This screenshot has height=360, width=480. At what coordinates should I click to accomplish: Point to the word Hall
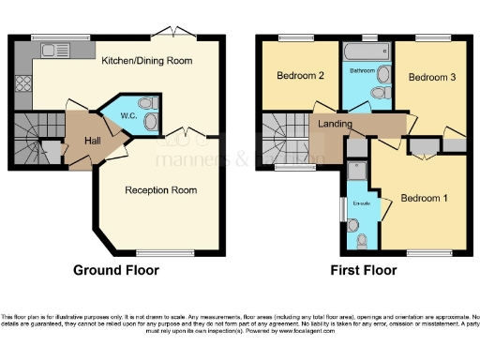click(x=93, y=141)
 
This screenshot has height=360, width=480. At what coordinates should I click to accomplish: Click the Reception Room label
click(x=160, y=189)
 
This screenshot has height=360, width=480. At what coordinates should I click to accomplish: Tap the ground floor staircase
click(x=35, y=136)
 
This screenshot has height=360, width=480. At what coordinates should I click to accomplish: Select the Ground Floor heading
click(x=116, y=270)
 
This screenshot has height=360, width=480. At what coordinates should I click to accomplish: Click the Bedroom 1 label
click(x=424, y=198)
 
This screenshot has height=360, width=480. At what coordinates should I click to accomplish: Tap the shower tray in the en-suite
click(x=357, y=172)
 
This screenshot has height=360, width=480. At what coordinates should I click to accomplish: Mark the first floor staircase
click(x=278, y=136)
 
